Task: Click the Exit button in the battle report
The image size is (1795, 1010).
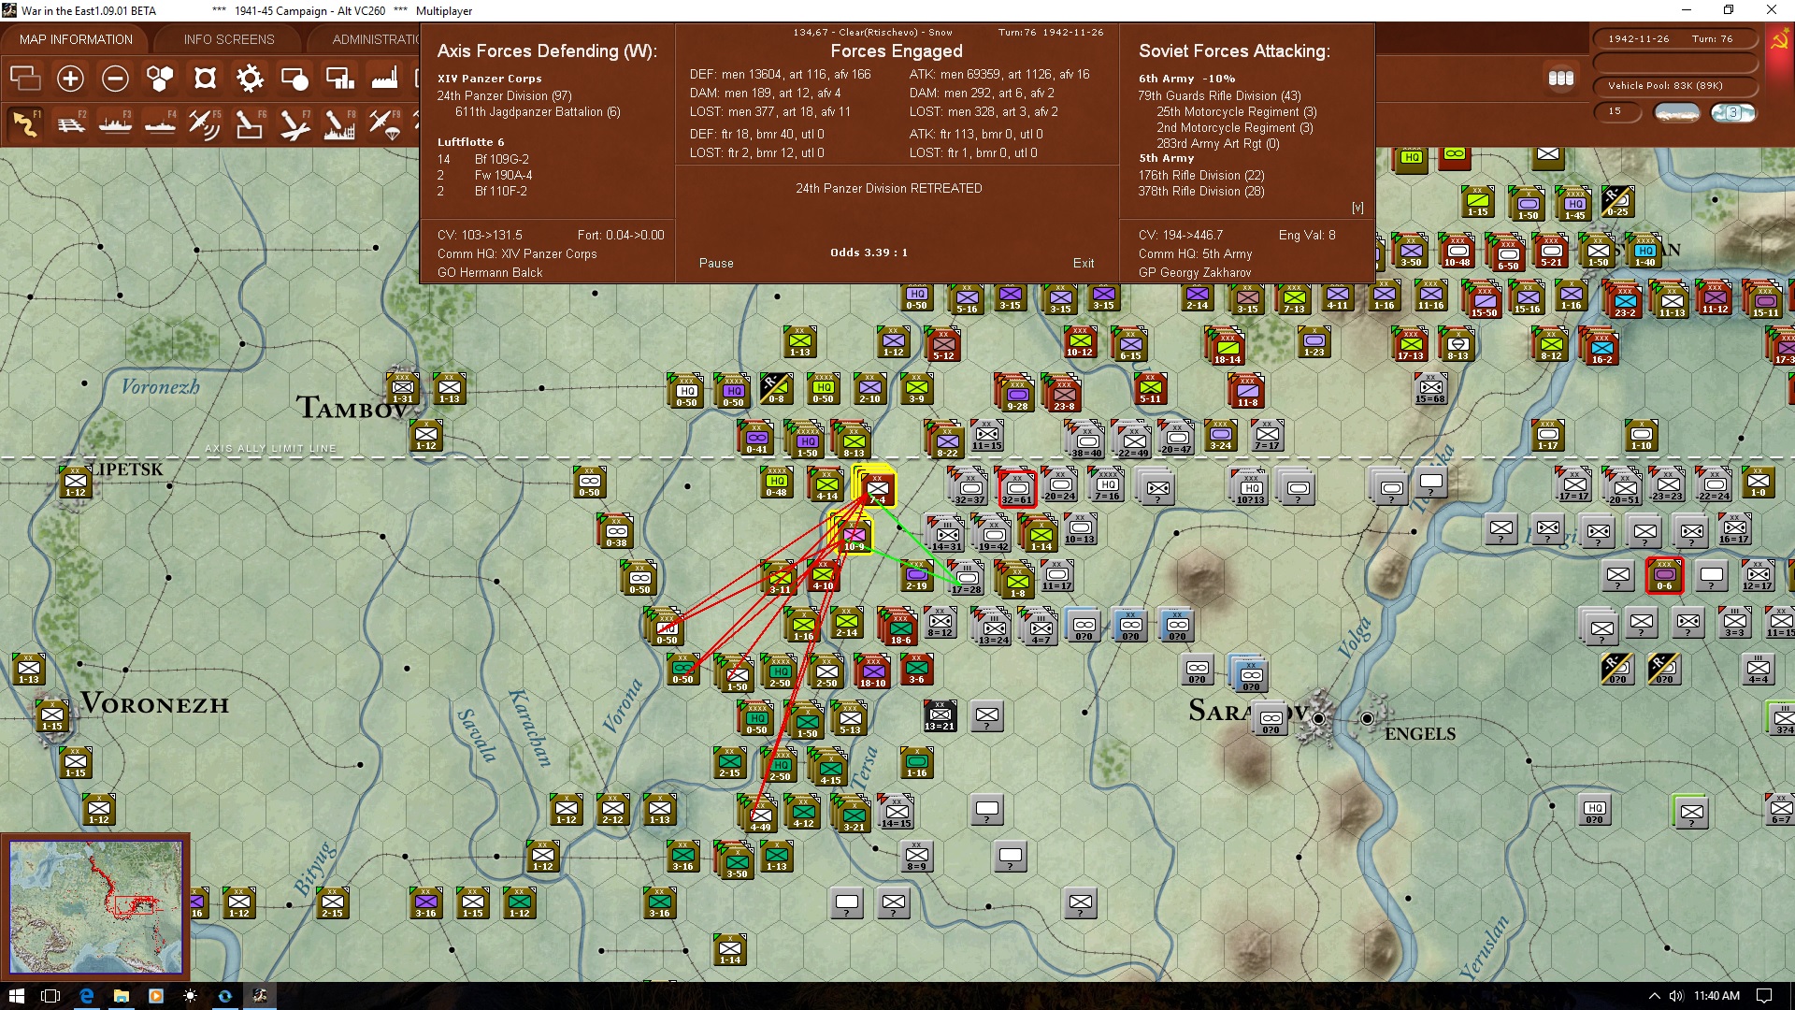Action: (1083, 263)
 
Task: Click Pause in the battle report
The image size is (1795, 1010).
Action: (716, 263)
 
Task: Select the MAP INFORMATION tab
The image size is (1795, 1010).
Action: (76, 39)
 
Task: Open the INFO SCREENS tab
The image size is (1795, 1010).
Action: (229, 39)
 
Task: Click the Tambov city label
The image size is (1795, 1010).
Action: (351, 408)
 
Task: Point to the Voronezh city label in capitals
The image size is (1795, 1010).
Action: (155, 704)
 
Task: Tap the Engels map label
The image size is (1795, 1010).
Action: (1419, 734)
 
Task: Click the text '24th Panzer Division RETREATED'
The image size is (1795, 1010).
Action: (888, 188)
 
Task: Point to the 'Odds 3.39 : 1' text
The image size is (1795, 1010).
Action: (869, 252)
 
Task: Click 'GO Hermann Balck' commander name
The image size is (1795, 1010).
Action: (490, 272)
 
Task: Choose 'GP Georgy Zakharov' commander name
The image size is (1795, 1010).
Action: (1194, 272)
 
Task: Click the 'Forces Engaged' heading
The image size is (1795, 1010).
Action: (896, 51)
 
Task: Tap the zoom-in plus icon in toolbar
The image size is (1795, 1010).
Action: (70, 79)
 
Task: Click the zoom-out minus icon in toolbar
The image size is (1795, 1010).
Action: (115, 79)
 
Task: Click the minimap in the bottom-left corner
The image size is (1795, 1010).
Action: (95, 906)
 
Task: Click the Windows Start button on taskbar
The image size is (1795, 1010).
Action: (16, 996)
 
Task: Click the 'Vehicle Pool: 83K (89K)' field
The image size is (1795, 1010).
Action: (1665, 86)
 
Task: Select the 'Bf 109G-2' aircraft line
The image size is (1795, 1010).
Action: (501, 159)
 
